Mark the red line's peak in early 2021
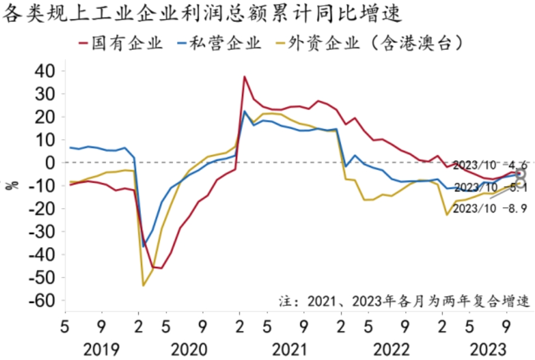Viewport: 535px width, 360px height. [244, 77]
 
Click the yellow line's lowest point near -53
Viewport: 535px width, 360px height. [143, 285]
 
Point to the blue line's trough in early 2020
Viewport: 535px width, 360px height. [144, 246]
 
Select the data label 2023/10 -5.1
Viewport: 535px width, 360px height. [483, 188]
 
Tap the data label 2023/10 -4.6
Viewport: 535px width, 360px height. [483, 164]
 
